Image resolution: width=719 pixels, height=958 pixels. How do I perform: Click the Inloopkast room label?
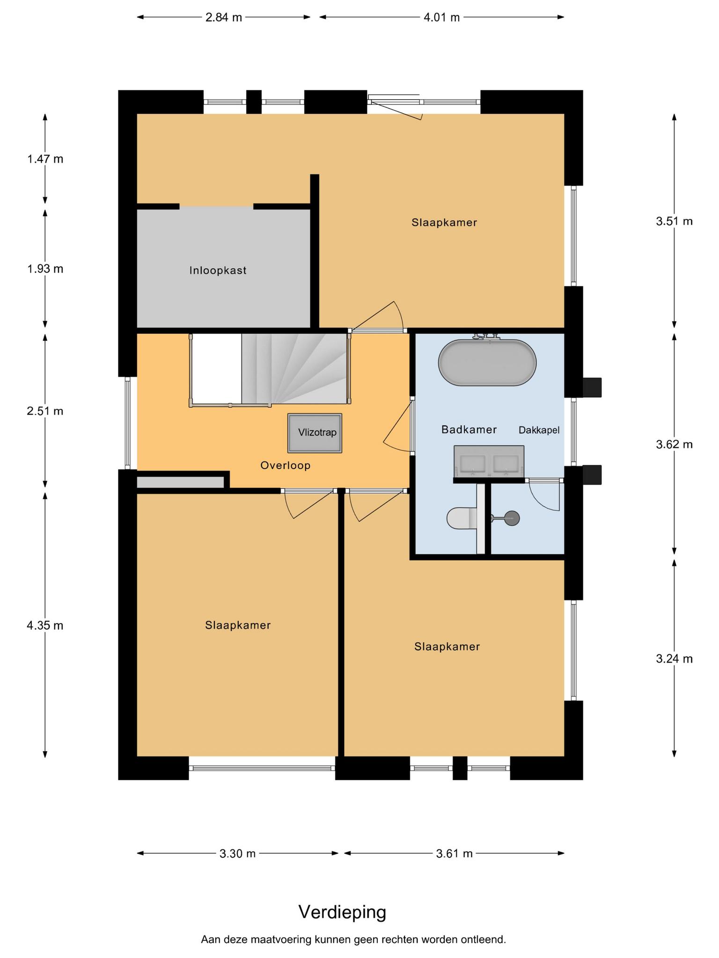pos(218,270)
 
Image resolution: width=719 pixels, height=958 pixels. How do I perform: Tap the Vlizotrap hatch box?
pos(315,433)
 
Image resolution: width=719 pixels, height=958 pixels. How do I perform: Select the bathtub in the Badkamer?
pos(487,362)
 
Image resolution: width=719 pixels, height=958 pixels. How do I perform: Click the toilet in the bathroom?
pos(462,518)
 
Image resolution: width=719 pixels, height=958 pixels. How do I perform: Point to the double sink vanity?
pos(489,462)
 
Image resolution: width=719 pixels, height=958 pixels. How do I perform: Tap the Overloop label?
pos(286,465)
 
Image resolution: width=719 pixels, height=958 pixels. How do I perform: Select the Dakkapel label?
pos(539,430)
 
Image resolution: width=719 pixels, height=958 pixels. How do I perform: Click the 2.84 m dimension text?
pos(224,18)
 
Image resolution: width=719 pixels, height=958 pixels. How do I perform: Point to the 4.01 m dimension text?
pos(441,18)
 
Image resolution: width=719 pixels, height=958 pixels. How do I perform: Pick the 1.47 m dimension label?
pos(45,159)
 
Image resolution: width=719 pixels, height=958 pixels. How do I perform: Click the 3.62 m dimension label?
pos(674,444)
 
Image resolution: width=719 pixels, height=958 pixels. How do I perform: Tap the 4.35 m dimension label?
pos(45,625)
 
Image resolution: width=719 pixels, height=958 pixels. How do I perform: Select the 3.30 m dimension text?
pos(238,854)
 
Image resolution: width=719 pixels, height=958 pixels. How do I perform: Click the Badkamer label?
pos(469,429)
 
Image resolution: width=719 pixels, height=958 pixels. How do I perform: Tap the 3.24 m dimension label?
pos(674,659)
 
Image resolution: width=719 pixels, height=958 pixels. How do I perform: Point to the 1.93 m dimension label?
pos(45,269)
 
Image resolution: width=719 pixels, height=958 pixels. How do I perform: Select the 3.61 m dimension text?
pos(455,854)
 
